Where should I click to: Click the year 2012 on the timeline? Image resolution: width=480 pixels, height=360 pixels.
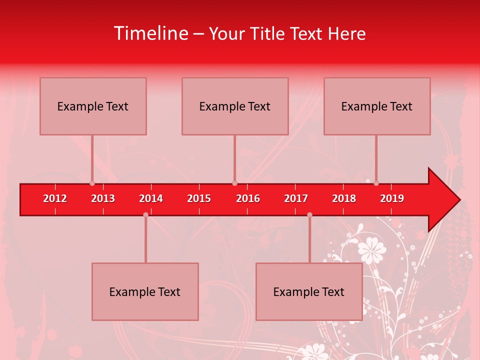pyautogui.click(x=55, y=198)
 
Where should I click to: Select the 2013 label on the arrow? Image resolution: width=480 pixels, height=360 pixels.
pyautogui.click(x=103, y=198)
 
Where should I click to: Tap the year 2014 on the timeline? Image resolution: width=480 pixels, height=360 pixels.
pyautogui.click(x=151, y=198)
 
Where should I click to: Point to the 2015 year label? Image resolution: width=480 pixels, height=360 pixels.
pyautogui.click(x=199, y=198)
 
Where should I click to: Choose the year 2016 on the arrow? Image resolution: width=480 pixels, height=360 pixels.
pyautogui.click(x=248, y=198)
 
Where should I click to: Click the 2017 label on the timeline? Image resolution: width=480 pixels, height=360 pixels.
pyautogui.click(x=296, y=198)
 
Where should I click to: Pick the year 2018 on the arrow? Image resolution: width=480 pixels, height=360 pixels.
pyautogui.click(x=344, y=198)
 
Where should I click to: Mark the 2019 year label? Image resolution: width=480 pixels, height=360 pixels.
pyautogui.click(x=392, y=198)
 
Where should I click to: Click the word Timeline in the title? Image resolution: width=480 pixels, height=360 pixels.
pyautogui.click(x=150, y=33)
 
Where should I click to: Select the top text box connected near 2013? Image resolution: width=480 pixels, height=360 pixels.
pyautogui.click(x=93, y=106)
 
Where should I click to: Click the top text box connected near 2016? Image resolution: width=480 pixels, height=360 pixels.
pyautogui.click(x=235, y=106)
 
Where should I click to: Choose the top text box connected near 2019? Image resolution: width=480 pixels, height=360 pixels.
pyautogui.click(x=377, y=106)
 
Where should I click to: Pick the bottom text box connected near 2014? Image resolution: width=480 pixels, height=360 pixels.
pyautogui.click(x=145, y=291)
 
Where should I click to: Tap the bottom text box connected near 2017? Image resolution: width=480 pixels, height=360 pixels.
pyautogui.click(x=309, y=291)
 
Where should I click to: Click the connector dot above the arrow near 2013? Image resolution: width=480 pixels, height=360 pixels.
pyautogui.click(x=92, y=183)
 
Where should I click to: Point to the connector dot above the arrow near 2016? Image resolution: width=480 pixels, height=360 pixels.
pyautogui.click(x=235, y=183)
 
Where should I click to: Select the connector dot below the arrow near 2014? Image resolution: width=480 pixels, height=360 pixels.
pyautogui.click(x=145, y=214)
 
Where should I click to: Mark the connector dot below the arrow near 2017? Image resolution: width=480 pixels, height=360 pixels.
pyautogui.click(x=309, y=214)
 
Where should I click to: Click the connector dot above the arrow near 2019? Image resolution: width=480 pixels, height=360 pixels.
pyautogui.click(x=376, y=183)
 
